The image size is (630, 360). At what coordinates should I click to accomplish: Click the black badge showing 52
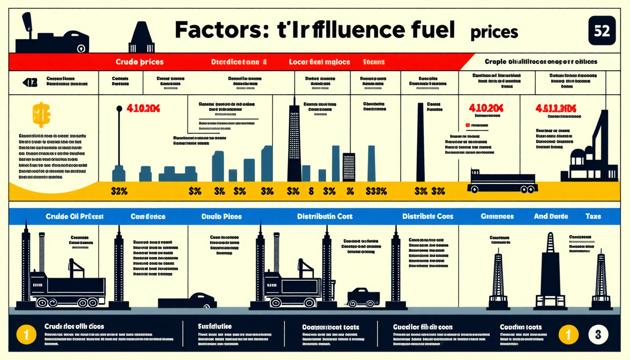pyautogui.click(x=601, y=31)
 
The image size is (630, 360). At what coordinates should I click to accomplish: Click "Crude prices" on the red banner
pyautogui.click(x=140, y=62)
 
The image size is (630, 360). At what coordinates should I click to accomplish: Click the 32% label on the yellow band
pyautogui.click(x=119, y=191)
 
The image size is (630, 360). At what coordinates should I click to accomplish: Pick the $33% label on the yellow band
pyautogui.click(x=376, y=191)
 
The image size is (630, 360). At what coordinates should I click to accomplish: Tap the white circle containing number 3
pyautogui.click(x=598, y=335)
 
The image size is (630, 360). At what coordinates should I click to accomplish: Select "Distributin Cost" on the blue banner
pyautogui.click(x=324, y=217)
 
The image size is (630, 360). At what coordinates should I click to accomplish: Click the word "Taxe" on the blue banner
pyautogui.click(x=592, y=217)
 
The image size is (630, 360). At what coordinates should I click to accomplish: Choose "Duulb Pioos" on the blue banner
pyautogui.click(x=222, y=217)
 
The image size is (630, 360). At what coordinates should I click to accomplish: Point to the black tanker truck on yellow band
pyautogui.click(x=502, y=182)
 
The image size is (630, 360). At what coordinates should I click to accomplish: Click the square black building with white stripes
pyautogui.click(x=349, y=167)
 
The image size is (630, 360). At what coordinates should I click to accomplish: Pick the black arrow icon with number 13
pyautogui.click(x=30, y=83)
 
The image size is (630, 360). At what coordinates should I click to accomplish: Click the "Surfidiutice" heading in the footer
pyautogui.click(x=215, y=326)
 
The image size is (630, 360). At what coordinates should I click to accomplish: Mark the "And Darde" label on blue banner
pyautogui.click(x=551, y=217)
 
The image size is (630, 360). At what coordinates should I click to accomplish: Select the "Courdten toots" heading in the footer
pyautogui.click(x=520, y=327)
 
